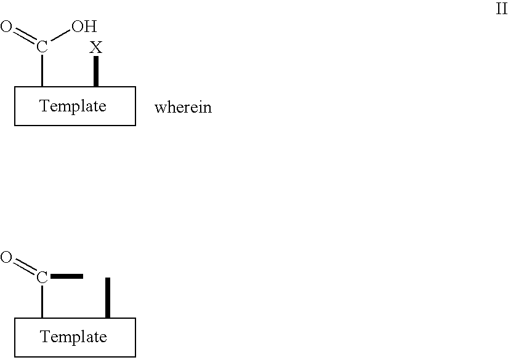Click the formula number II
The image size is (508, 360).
coord(501,10)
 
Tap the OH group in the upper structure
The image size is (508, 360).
coord(84,26)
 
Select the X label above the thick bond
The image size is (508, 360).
coord(96,47)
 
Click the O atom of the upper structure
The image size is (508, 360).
coord(6,26)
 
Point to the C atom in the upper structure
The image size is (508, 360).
coord(42,47)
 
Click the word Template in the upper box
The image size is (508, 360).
coord(73,106)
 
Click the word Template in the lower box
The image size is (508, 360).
coord(73,337)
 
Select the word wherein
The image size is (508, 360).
coord(183,108)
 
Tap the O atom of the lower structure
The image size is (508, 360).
coord(6,258)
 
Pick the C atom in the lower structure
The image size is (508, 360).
coord(42,278)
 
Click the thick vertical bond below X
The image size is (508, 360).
coord(96,71)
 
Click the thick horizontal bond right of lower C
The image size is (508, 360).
coord(67,276)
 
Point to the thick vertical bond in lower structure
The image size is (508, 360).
coord(108,298)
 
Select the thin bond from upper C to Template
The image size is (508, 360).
coord(42,70)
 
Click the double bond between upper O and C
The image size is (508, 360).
coord(23,36)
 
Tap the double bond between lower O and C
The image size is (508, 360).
coord(23,267)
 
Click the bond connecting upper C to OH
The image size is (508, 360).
coord(60,37)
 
